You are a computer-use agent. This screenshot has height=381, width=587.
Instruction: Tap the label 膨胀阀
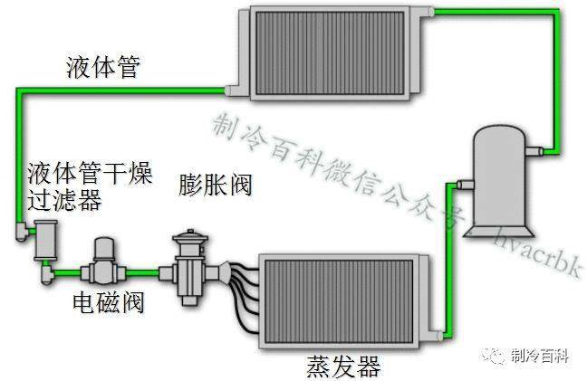(216, 186)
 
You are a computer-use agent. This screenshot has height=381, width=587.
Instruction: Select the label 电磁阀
(108, 302)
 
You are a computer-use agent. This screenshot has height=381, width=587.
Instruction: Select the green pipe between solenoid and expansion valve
(145, 271)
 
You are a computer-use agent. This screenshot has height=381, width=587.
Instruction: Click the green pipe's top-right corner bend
(552, 13)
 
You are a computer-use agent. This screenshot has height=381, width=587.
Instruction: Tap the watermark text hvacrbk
(535, 239)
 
